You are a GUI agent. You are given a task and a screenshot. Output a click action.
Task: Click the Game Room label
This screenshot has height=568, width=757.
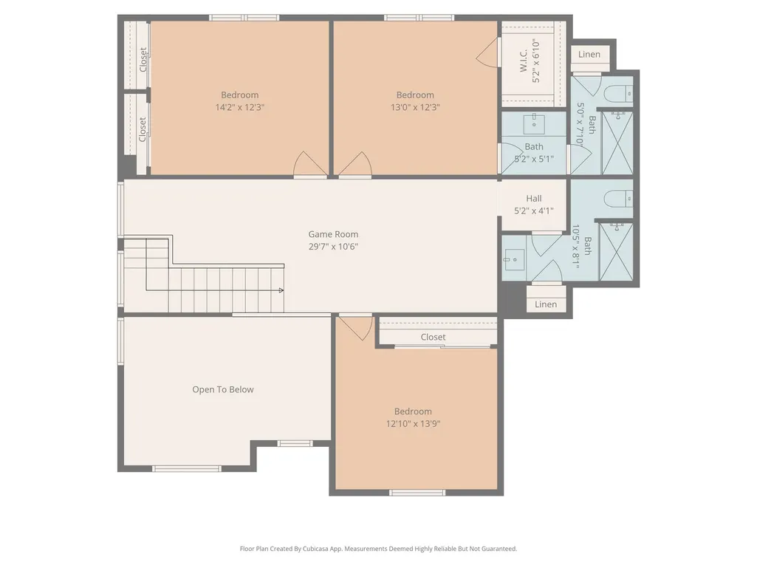pos(333,234)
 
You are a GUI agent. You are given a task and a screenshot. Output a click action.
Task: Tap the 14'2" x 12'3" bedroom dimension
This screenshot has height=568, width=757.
pos(240,107)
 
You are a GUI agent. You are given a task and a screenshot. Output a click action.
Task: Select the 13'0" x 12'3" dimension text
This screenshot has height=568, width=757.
pos(415,107)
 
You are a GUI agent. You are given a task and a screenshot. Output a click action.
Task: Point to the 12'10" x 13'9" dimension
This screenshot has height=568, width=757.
pos(414,424)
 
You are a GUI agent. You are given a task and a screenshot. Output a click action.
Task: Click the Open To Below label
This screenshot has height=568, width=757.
pos(223,389)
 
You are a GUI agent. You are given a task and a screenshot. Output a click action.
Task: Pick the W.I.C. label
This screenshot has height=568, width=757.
pos(524,61)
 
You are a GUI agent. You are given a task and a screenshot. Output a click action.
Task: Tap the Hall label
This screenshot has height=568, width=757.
pos(534,199)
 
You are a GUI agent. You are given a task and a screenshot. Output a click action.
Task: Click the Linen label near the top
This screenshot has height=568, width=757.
pos(589,54)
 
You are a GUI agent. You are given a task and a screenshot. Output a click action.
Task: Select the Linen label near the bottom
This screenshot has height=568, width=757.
pos(546,304)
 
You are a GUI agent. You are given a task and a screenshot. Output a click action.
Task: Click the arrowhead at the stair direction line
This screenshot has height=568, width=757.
pos(281,290)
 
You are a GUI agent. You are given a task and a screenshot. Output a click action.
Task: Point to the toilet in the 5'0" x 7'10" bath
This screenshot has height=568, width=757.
pos(618,93)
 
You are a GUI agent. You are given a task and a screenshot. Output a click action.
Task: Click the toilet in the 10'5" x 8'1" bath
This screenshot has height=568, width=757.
pos(618,198)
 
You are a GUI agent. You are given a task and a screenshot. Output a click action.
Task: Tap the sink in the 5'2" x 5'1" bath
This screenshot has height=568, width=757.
pos(534,125)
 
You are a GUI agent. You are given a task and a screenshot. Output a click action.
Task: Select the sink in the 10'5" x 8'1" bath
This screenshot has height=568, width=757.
pos(514,259)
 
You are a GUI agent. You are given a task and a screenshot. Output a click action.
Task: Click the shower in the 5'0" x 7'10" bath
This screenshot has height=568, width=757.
pos(617,143)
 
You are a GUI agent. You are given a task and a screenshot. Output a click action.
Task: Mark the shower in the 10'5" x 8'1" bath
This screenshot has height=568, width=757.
pos(616,252)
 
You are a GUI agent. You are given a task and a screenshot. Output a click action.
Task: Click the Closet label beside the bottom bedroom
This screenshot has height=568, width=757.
pos(433,337)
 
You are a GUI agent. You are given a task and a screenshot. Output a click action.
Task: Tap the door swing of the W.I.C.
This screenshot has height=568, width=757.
pos(487,53)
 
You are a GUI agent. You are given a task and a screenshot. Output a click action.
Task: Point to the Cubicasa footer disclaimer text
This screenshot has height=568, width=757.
pos(378,549)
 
